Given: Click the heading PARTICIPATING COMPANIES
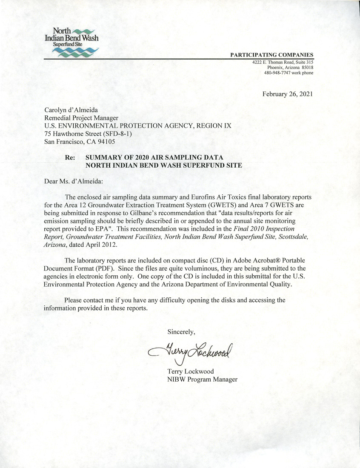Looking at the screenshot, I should [271, 54].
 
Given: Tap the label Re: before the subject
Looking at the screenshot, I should [70, 157].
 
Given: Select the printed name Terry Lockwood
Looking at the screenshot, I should [191, 371].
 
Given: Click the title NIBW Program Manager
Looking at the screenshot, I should [202, 379].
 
